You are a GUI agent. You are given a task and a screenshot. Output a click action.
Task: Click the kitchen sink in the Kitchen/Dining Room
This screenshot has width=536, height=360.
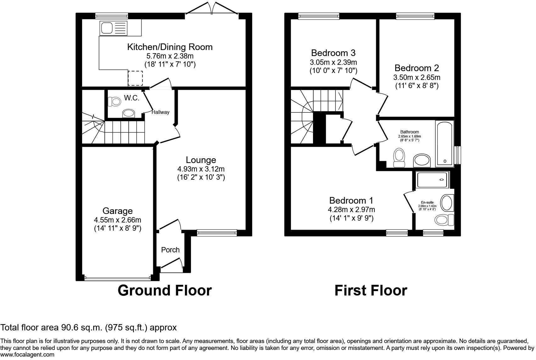point(114,28)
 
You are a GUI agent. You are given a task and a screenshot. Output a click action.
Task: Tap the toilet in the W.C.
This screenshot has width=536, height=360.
point(114,102)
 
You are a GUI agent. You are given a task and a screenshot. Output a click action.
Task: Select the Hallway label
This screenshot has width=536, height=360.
point(160,112)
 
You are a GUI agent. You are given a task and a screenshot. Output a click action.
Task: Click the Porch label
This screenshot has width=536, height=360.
point(170,250)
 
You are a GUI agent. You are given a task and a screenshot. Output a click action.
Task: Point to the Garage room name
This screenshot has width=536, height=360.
point(118,211)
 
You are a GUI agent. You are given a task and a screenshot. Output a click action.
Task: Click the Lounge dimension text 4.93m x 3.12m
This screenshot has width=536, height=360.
point(201,169)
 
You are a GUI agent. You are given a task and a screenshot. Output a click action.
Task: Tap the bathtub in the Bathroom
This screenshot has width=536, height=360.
point(444,143)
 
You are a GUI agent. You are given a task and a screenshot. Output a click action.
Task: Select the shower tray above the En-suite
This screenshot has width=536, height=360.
point(432,180)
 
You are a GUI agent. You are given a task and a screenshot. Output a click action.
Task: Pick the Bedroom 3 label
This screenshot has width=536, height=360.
point(333,53)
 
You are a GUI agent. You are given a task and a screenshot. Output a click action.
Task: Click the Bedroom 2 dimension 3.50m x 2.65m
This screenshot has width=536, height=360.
point(416,77)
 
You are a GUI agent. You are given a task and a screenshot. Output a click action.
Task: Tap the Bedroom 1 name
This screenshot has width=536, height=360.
point(351,200)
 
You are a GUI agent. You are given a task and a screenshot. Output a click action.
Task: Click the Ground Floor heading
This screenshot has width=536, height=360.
point(165,290)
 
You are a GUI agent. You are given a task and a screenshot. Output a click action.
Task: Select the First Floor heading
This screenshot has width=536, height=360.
point(371,290)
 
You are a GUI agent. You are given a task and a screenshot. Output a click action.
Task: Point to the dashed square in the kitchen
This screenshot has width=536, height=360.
point(135,78)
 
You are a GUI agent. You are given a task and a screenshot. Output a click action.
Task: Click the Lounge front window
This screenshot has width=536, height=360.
point(217,233)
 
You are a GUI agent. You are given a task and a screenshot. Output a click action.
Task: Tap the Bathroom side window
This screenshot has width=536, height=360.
point(457,155)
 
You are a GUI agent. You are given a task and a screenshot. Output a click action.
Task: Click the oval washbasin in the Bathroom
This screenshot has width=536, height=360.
point(422,160)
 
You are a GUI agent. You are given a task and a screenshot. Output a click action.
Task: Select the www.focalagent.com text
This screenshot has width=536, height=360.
point(27,355)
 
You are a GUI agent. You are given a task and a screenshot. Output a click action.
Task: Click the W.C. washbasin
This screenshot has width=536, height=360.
point(129,114)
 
